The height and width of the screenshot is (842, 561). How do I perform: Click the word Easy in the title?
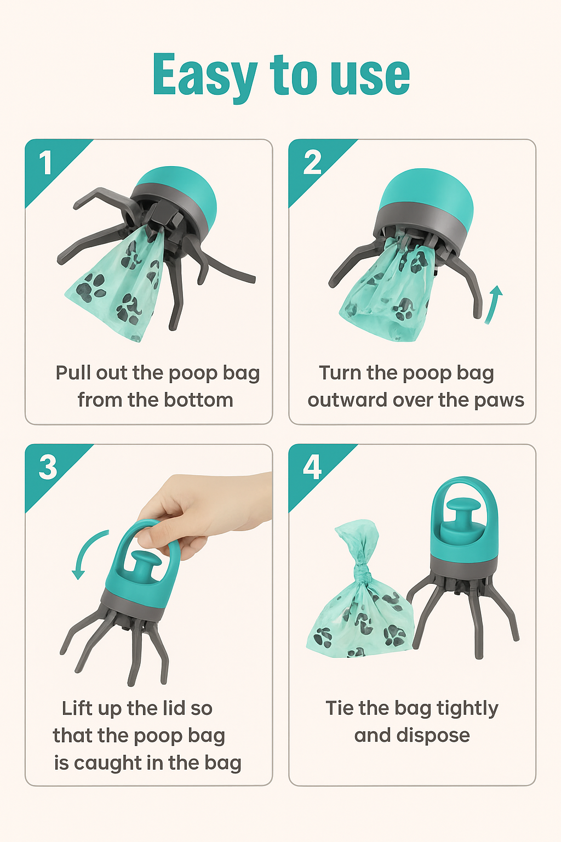(x=204, y=76)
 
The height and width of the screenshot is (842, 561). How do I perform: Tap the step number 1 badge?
(x=45, y=163)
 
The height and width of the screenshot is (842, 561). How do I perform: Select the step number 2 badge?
(x=312, y=163)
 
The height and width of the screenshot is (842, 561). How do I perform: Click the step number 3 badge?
(x=48, y=468)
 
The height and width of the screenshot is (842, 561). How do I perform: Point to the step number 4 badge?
(x=312, y=468)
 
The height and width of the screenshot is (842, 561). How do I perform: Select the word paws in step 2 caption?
(x=499, y=400)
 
